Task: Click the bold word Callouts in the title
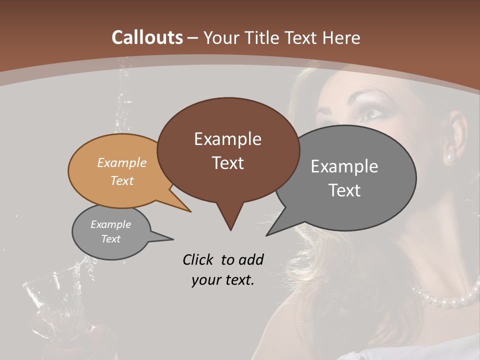147,37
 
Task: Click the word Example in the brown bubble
228,139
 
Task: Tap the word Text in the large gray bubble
344,190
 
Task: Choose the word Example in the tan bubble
122,162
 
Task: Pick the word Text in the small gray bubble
111,239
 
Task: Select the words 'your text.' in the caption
223,280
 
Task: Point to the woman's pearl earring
450,158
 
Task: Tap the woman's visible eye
370,114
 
